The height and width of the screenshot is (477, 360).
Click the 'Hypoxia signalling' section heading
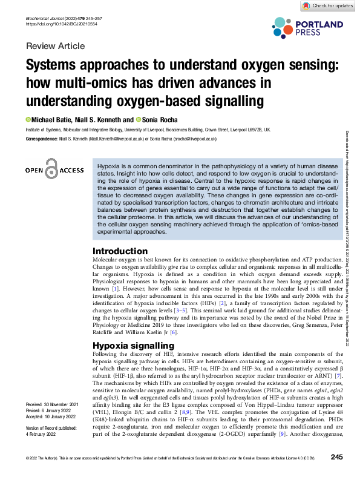point(133,345)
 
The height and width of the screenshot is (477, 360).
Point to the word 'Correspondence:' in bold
point(42,139)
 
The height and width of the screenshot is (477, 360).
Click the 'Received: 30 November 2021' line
point(53,404)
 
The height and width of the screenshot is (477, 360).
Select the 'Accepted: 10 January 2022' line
point(53,416)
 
